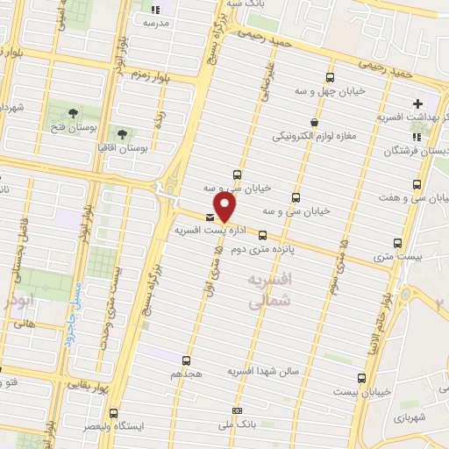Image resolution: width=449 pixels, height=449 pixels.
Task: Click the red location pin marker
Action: coord(225,206)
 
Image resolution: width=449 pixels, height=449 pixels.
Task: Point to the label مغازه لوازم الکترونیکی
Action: coord(313,137)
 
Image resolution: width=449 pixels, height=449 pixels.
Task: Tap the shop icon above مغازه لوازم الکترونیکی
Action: coord(314,123)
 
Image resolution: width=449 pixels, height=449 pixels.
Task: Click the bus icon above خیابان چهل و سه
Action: coord(330,76)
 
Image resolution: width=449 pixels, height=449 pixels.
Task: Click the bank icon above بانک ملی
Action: coord(237,410)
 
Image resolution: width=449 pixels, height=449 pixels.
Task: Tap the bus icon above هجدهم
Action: coord(186,360)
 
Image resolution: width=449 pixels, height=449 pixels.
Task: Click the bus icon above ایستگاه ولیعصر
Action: coord(113,413)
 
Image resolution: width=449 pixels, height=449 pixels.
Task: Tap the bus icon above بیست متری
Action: coord(398,243)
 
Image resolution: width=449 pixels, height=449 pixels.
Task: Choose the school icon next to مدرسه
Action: coord(149,6)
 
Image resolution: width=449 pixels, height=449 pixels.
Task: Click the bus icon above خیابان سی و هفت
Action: coord(416,185)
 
